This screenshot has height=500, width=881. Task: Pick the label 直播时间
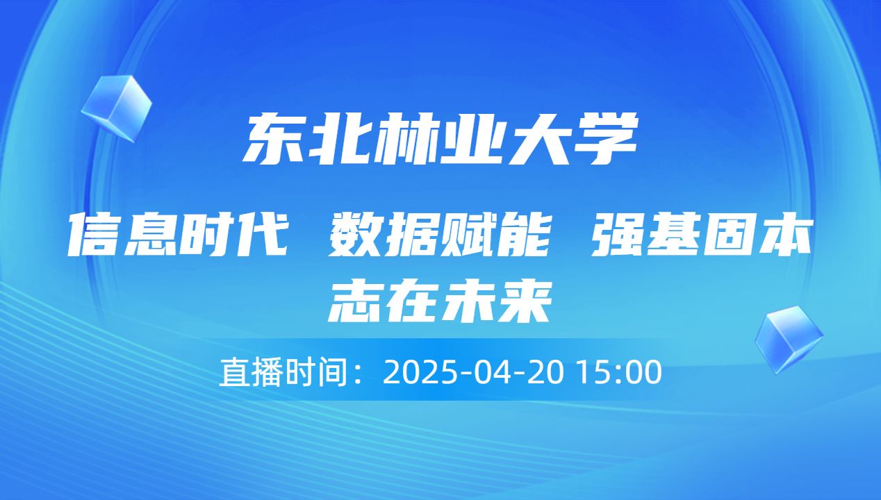click(x=283, y=373)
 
